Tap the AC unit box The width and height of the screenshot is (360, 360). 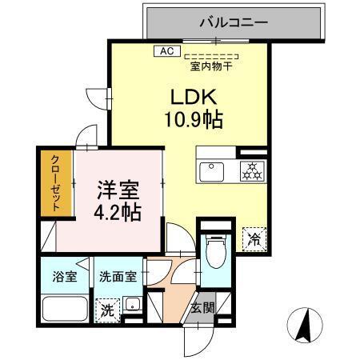[166, 51]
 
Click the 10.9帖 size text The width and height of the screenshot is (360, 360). [194, 121]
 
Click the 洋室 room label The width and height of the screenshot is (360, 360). [118, 192]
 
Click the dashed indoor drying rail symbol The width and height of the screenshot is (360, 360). [211, 56]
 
